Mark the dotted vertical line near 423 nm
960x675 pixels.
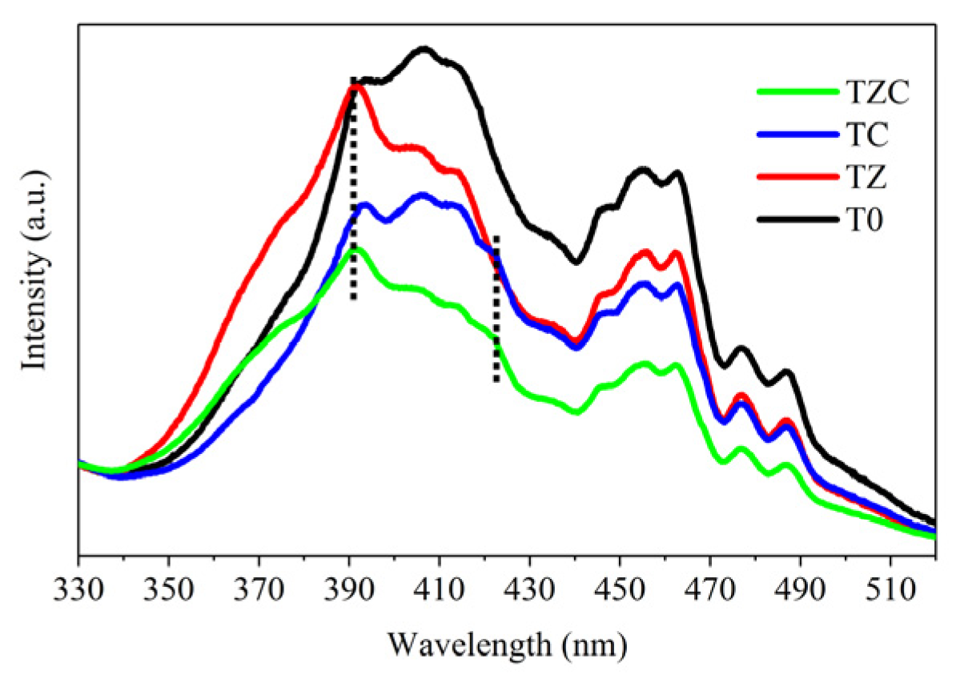click(x=496, y=308)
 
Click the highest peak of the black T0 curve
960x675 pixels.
click(x=424, y=50)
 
